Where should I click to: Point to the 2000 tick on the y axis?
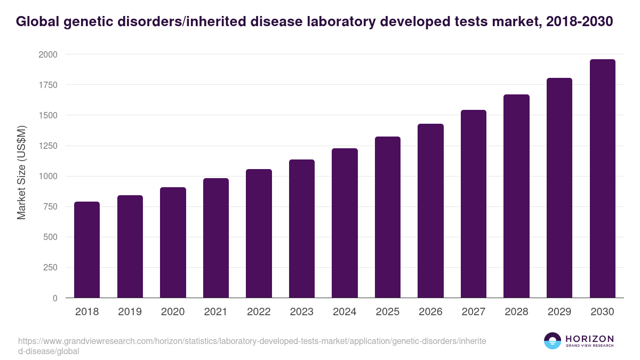tap(48, 54)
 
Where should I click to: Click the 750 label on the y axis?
tap(50, 207)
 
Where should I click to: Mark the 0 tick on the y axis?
tap(54, 298)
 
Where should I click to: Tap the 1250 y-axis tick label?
tap(48, 146)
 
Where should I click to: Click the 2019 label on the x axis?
tap(130, 312)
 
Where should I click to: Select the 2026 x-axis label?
tap(430, 312)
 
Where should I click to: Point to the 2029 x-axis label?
tap(559, 312)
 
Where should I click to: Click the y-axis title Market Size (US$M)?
tap(21, 172)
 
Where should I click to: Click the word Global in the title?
tap(37, 22)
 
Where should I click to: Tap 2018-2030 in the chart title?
tap(580, 22)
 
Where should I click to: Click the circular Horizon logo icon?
tap(553, 341)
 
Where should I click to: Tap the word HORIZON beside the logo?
tap(589, 339)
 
